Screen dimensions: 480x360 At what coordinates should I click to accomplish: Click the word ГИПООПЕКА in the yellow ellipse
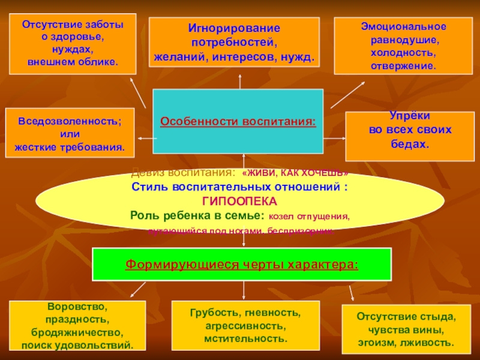tap(239, 201)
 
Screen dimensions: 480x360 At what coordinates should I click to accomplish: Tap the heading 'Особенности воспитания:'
tap(238, 121)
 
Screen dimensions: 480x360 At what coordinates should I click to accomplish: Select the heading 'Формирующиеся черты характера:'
tap(241, 264)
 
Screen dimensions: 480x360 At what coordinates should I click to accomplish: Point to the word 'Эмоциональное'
tap(403, 28)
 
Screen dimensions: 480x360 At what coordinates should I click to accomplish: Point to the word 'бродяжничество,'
tap(77, 332)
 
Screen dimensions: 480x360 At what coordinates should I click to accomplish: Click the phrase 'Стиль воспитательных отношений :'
tap(239, 187)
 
